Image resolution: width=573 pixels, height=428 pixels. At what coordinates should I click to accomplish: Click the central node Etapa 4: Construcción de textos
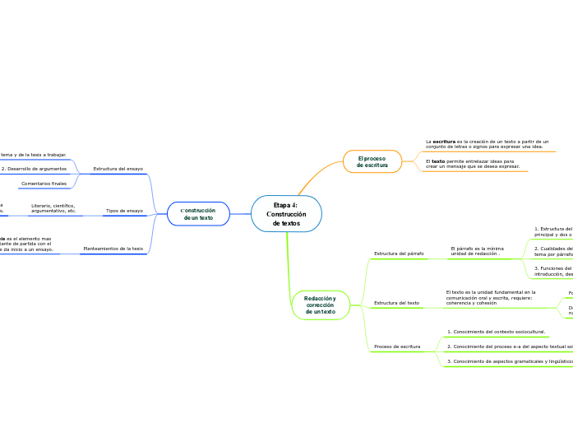pyautogui.click(x=286, y=214)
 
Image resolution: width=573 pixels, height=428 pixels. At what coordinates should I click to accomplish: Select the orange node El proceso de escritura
pyautogui.click(x=372, y=161)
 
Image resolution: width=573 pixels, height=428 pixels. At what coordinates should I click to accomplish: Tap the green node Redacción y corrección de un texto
pyautogui.click(x=320, y=305)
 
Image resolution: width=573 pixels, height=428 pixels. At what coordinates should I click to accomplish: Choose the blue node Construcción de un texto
pyautogui.click(x=198, y=214)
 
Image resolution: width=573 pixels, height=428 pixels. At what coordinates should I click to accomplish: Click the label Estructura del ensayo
pyautogui.click(x=118, y=169)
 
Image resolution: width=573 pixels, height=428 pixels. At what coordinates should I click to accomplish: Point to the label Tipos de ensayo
pyautogui.click(x=124, y=211)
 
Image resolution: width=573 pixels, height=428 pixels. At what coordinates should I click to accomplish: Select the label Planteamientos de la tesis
pyautogui.click(x=113, y=248)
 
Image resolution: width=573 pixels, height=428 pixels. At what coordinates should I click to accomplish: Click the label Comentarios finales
pyautogui.click(x=44, y=184)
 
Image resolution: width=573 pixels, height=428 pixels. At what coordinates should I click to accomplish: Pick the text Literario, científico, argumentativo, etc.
pyautogui.click(x=53, y=208)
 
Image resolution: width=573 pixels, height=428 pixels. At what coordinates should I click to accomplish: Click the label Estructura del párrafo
pyautogui.click(x=399, y=254)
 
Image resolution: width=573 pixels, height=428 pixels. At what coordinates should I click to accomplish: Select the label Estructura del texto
pyautogui.click(x=396, y=303)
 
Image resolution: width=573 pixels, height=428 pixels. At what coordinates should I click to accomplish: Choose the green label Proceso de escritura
pyautogui.click(x=397, y=347)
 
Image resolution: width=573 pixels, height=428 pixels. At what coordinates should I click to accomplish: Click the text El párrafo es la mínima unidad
pyautogui.click(x=477, y=250)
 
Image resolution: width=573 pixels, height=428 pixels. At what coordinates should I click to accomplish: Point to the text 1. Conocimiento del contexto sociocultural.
pyautogui.click(x=496, y=332)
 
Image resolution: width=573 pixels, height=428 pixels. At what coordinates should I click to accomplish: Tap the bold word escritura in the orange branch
pyautogui.click(x=442, y=142)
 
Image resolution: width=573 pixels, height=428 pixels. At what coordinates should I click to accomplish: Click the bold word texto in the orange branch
pyautogui.click(x=438, y=161)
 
